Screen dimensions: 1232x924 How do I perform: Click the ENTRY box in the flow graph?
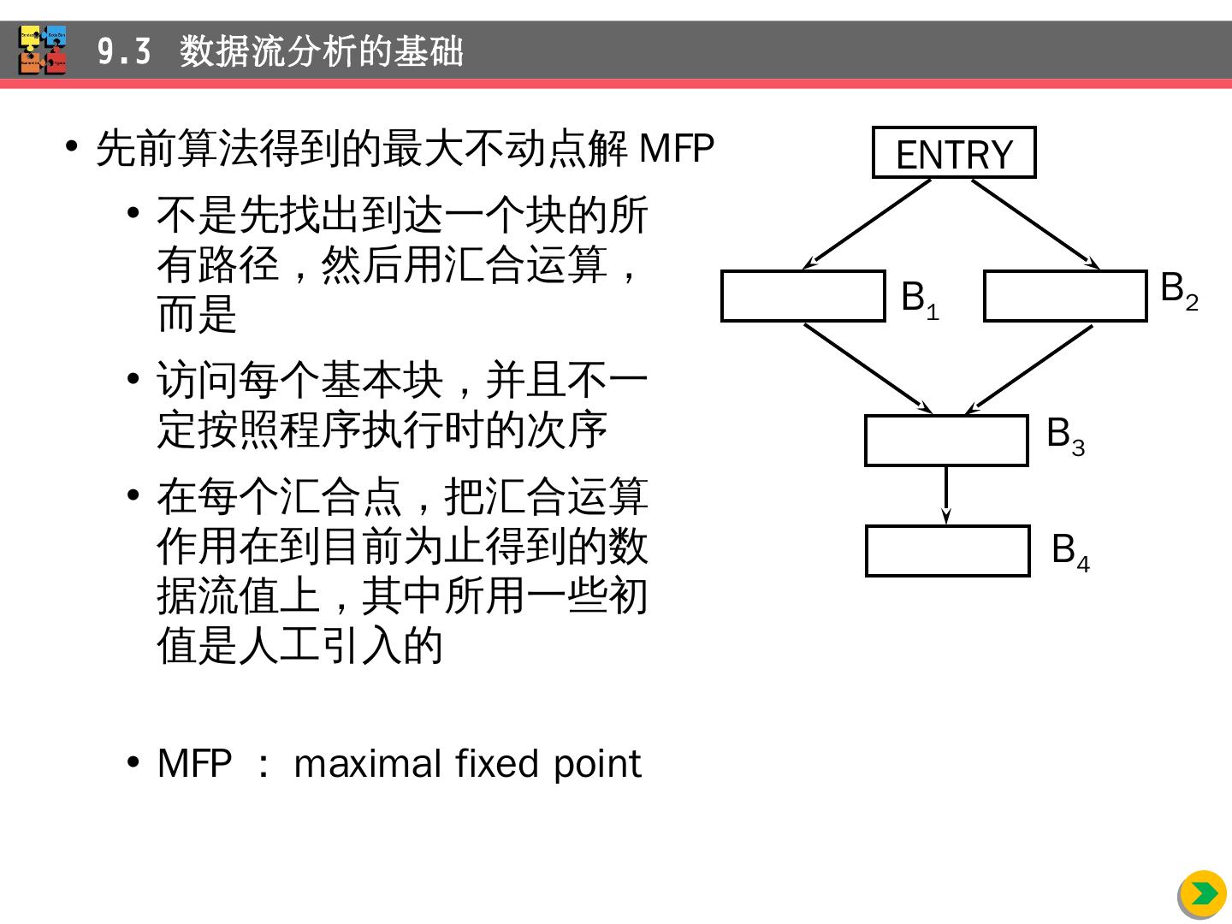[x=953, y=152]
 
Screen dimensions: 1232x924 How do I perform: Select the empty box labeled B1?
[x=803, y=296]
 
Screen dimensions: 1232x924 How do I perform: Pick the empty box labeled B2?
[x=1064, y=296]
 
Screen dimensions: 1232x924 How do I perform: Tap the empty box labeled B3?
[x=945, y=441]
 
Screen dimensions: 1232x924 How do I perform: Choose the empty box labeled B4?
[x=947, y=551]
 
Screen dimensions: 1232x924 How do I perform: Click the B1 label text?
[x=919, y=299]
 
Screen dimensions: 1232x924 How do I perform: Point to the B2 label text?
[x=1178, y=289]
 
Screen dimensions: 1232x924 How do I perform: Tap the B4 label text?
[x=1069, y=551]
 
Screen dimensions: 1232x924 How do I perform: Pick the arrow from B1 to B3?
[x=868, y=368]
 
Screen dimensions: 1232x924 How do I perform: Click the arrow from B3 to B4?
[x=945, y=495]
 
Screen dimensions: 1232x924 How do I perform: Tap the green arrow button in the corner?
[x=1203, y=894]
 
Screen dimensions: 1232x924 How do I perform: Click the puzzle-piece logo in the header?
[x=42, y=50]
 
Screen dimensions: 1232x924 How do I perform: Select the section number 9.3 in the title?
[x=124, y=51]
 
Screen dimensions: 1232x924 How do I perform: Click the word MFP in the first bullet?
[x=676, y=148]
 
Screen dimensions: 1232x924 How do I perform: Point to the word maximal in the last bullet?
[x=367, y=763]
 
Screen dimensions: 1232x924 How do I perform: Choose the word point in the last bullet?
[x=596, y=763]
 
